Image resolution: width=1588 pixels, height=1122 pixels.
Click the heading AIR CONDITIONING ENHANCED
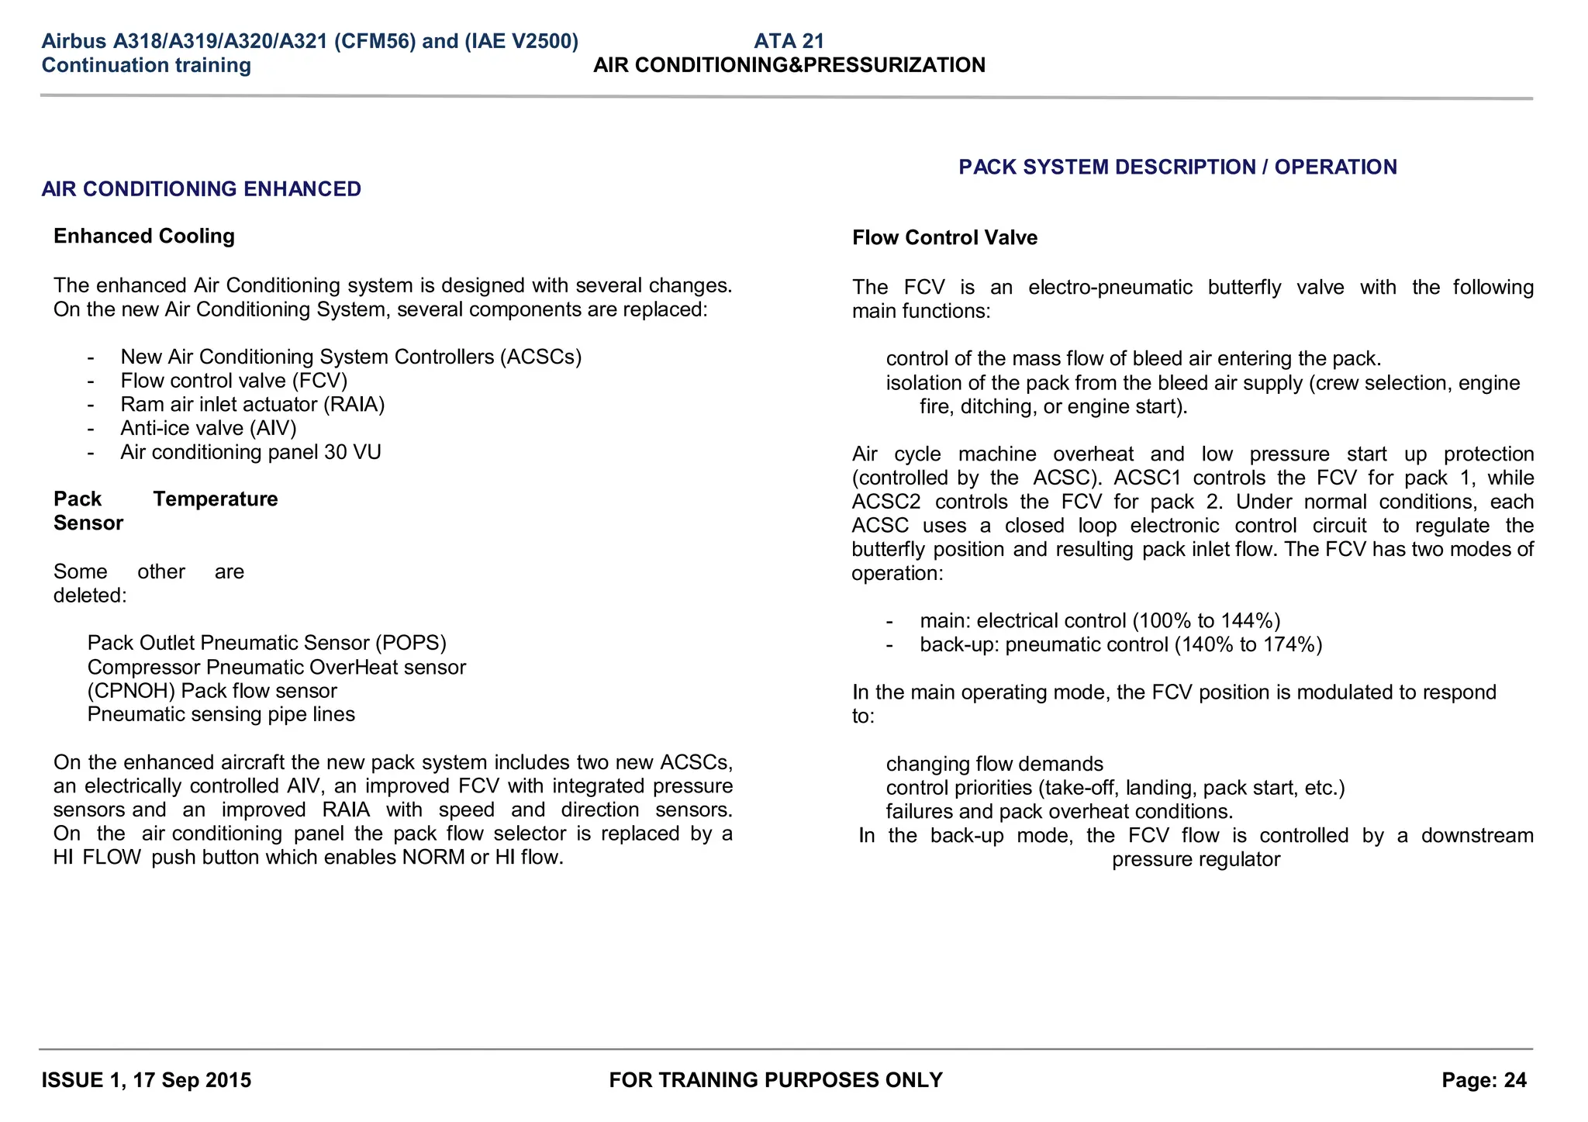coord(201,189)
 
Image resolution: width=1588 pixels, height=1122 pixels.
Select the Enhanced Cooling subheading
coord(143,236)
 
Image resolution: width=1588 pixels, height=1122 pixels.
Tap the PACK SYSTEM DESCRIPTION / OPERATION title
coord(1177,167)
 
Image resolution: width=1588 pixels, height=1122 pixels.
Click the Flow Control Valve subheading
coord(944,238)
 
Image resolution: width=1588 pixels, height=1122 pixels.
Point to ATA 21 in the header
coord(789,41)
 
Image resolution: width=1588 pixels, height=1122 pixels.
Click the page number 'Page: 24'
coord(1483,1080)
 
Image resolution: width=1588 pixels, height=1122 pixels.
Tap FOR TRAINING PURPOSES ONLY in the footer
coord(775,1080)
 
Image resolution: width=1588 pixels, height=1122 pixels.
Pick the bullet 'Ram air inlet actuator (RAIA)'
coord(252,405)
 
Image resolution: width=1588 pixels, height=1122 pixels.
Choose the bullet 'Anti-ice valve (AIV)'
coord(208,429)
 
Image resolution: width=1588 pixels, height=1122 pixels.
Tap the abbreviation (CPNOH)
coord(131,692)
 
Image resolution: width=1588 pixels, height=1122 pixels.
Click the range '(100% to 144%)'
coord(1206,621)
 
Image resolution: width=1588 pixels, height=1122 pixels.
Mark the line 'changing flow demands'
coord(994,765)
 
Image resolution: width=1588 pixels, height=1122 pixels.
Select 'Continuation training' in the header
coord(146,65)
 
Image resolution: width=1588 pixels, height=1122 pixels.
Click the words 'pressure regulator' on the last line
coord(1195,860)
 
